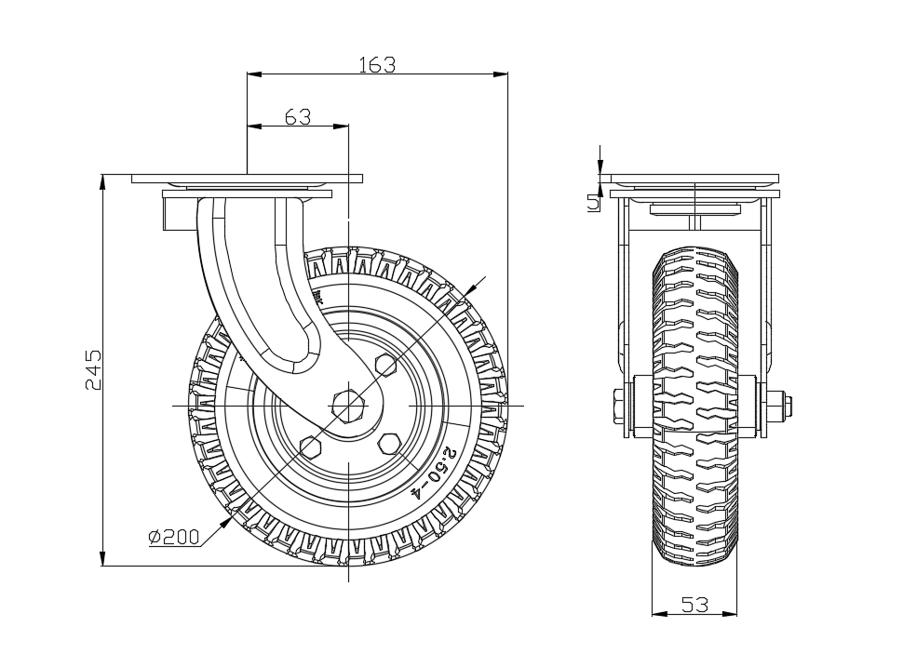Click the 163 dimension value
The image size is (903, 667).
click(377, 64)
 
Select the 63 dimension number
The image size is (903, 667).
click(297, 116)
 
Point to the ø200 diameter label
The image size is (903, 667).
click(174, 537)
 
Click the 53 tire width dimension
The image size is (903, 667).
click(694, 605)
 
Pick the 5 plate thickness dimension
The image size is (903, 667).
click(593, 203)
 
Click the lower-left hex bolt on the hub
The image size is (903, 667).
click(310, 447)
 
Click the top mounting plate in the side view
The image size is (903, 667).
click(247, 179)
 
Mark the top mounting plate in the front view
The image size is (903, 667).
click(689, 179)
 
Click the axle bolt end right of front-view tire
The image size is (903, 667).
click(778, 407)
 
